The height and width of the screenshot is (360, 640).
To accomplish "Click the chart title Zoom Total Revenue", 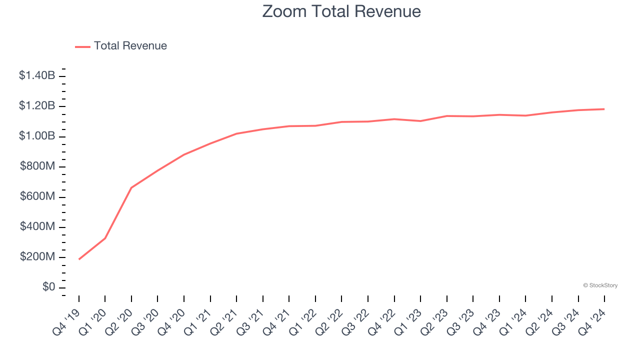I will click(341, 11).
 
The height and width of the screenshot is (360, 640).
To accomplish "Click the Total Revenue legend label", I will click(130, 46).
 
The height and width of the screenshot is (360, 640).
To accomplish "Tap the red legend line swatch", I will click(82, 46).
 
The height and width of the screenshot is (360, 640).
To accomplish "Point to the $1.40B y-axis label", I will click(37, 75).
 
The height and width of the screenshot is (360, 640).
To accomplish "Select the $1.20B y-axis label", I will click(37, 106).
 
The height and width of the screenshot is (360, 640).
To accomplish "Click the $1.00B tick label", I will click(37, 136).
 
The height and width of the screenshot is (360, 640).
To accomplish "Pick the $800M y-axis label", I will click(37, 166).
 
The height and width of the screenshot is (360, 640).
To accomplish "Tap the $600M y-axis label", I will click(37, 196).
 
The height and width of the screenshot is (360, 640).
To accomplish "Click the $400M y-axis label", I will click(37, 227).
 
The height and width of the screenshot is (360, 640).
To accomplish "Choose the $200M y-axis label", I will click(37, 257).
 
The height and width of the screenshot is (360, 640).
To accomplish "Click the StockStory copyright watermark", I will click(600, 285).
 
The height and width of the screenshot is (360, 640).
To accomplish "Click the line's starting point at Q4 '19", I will click(79, 259).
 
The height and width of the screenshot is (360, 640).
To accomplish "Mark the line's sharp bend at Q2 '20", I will click(131, 187).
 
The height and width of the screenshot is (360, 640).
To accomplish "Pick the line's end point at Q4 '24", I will click(604, 109).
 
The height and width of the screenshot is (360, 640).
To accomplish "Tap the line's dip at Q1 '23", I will click(420, 121).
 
